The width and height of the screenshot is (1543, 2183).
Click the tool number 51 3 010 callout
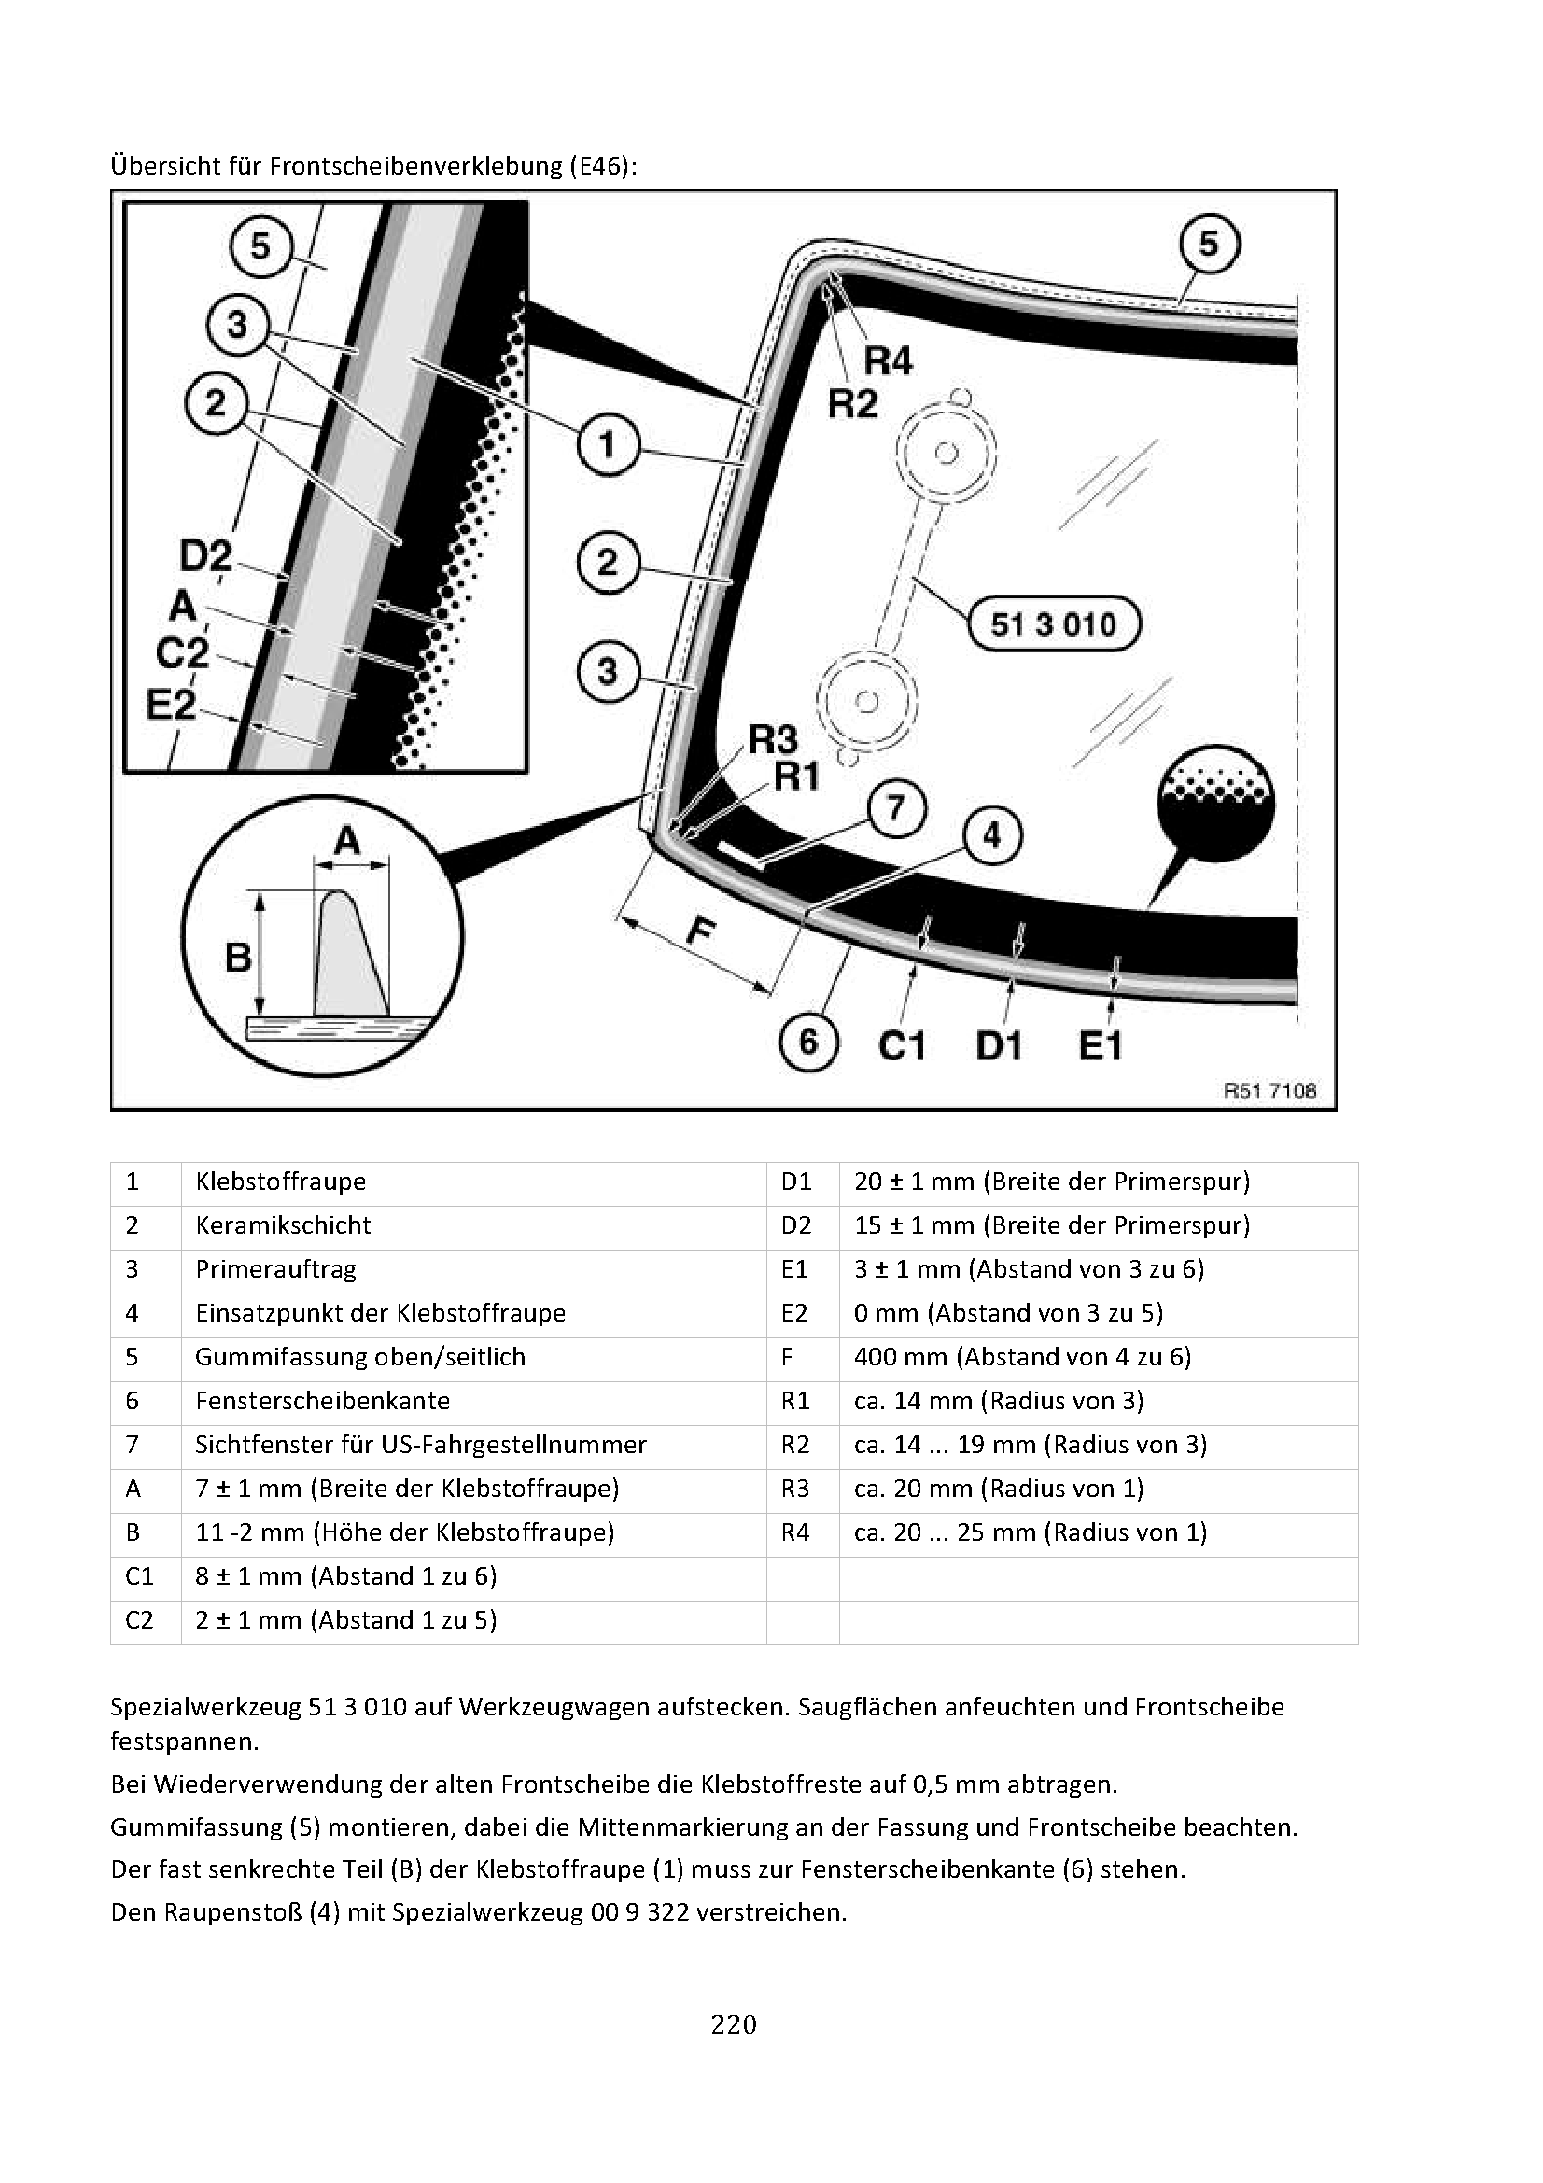click(1053, 624)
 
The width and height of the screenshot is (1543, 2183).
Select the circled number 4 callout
click(991, 835)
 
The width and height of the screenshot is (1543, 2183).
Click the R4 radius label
click(887, 361)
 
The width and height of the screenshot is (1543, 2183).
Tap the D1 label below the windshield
click(998, 1047)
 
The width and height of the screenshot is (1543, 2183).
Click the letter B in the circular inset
click(238, 956)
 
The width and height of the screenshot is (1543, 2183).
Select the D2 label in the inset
click(205, 556)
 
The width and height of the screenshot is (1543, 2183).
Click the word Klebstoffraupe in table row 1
click(280, 1182)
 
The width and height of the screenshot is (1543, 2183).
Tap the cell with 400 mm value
click(1022, 1357)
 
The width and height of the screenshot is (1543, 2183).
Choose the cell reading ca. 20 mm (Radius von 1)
click(998, 1488)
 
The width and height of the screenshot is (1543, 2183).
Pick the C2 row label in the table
click(139, 1619)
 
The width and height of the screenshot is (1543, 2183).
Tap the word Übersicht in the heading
click(163, 166)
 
